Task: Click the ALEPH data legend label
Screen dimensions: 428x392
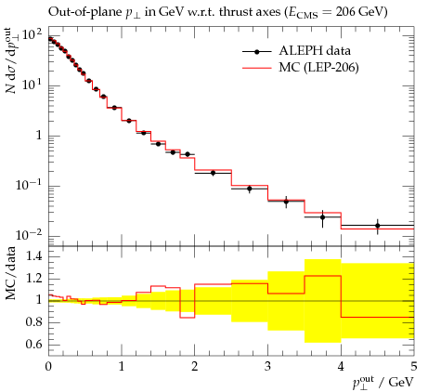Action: pos(315,51)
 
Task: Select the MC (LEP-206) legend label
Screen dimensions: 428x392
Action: pos(318,67)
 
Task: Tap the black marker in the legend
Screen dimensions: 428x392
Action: pos(256,52)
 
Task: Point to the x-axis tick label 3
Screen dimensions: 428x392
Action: pos(267,367)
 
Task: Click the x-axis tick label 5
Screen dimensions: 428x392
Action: pos(414,367)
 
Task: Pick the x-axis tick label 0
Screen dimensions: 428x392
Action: pos(48,367)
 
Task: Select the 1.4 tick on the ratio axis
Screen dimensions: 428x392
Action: pos(33,256)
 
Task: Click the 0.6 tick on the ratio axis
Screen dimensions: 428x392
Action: pos(33,344)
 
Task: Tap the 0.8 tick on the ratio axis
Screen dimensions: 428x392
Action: pos(33,322)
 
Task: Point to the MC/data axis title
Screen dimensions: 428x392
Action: pos(11,273)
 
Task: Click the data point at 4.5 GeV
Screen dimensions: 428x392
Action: pos(378,226)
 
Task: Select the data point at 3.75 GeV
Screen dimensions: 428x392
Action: pos(322,217)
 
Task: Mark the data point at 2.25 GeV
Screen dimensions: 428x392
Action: pos(213,173)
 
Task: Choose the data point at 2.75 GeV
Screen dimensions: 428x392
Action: pos(250,189)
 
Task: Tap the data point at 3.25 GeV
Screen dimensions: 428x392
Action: pos(286,202)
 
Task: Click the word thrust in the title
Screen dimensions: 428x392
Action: pos(237,12)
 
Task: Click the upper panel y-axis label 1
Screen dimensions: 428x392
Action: pos(39,136)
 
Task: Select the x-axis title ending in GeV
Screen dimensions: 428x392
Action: pos(383,383)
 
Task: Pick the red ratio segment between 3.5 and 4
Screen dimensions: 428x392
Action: pos(322,276)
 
